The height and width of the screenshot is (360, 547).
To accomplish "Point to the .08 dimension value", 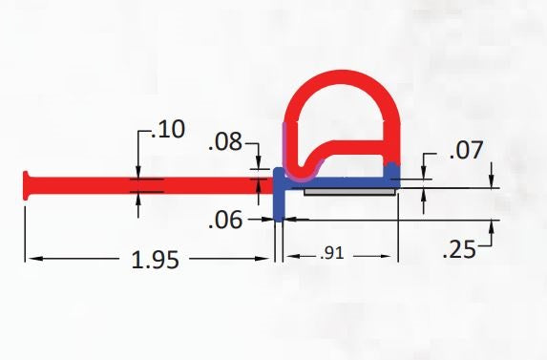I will click(227, 145).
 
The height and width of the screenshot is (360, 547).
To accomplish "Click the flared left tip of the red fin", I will click(28, 184).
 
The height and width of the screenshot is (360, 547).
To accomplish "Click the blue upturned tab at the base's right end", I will click(392, 170).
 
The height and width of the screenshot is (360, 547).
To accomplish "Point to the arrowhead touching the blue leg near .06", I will click(290, 219).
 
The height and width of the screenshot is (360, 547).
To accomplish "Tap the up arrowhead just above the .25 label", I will click(492, 227).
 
